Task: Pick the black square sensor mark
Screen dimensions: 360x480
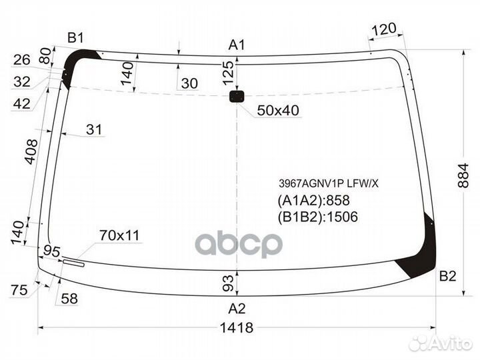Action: point(237,97)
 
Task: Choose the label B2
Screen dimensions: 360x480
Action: point(447,276)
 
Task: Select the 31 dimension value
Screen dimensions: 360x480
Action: point(95,130)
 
